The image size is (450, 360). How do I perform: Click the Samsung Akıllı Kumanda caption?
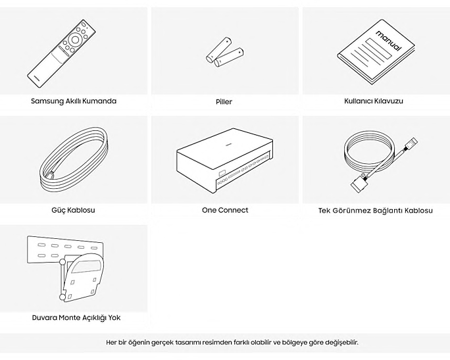pyautogui.click(x=74, y=101)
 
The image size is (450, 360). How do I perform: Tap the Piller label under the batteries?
pyautogui.click(x=224, y=101)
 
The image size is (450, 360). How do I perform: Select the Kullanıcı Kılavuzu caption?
pyautogui.click(x=374, y=101)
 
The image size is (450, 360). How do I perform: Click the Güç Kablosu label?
pyautogui.click(x=73, y=210)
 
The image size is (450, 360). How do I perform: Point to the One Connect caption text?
pyautogui.click(x=225, y=210)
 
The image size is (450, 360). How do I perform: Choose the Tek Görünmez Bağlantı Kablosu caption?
pyautogui.click(x=376, y=211)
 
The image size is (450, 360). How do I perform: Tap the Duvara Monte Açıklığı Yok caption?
pyautogui.click(x=76, y=318)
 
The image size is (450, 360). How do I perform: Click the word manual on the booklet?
pyautogui.click(x=389, y=40)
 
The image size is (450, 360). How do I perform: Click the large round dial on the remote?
pyautogui.click(x=75, y=39)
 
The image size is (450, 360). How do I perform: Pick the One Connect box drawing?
pyautogui.click(x=224, y=161)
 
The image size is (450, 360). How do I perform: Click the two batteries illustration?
pyautogui.click(x=225, y=52)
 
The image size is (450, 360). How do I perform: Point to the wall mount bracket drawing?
pyautogui.click(x=65, y=269)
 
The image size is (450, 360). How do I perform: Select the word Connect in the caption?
pyautogui.click(x=234, y=210)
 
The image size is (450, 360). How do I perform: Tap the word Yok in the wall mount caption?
pyautogui.click(x=114, y=318)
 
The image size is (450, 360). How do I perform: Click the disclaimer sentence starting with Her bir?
pyautogui.click(x=232, y=342)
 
